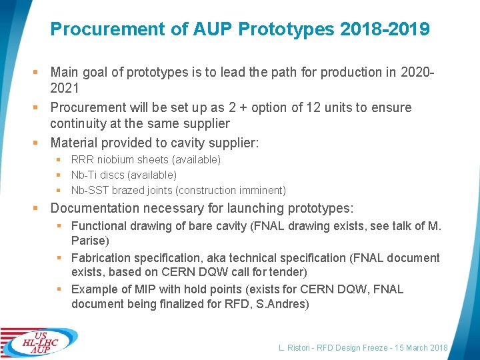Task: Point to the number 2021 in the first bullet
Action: pos(65,88)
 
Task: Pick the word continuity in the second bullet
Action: pos(79,123)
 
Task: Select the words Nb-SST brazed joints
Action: pos(124,190)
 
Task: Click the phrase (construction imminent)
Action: pos(233,190)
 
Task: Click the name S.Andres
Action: pos(285,304)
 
